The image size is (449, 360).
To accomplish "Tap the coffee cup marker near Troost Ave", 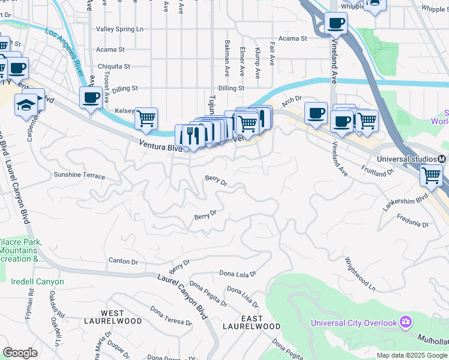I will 91,97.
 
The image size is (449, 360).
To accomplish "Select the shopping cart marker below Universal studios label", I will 430,175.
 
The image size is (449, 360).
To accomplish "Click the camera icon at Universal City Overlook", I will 406,323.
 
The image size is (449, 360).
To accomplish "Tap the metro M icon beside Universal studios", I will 442,159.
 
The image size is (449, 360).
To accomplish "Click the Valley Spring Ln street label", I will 120,29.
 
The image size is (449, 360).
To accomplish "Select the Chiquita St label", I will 115,67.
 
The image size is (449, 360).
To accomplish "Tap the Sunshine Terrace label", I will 79,176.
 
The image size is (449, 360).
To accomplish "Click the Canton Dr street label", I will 123,262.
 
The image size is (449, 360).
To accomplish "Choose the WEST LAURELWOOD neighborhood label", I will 121,317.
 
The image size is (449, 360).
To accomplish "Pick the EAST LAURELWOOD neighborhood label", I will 252,322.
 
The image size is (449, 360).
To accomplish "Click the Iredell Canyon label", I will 37,281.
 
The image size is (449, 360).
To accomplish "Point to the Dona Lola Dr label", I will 237,274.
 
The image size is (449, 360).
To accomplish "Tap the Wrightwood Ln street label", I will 360,275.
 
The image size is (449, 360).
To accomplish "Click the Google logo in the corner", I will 20,353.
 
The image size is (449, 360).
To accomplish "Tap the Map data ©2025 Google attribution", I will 411,355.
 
